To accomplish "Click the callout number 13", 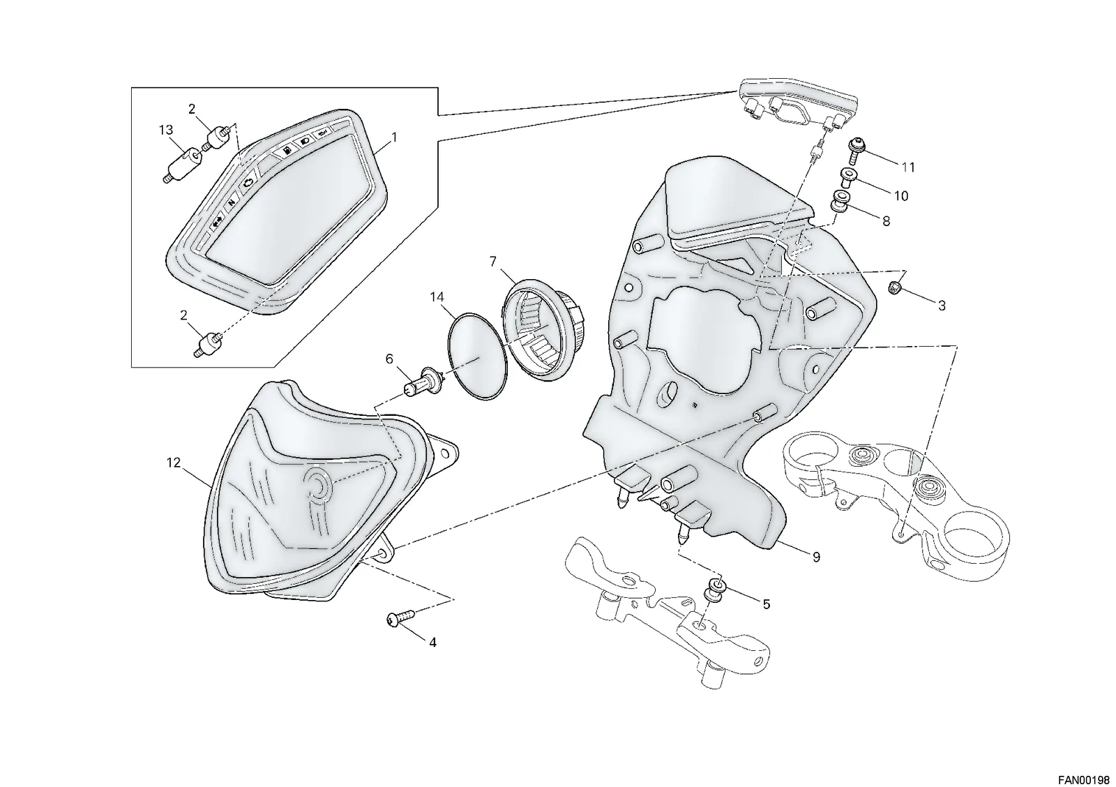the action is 166,130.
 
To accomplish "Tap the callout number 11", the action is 908,168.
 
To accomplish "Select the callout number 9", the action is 816,557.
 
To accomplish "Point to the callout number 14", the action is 437,297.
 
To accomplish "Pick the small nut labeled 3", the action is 894,286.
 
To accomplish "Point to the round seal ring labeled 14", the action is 478,356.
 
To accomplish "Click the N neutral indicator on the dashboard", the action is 231,203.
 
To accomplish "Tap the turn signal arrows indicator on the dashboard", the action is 217,224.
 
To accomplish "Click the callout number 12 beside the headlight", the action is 174,463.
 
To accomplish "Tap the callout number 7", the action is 493,261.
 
